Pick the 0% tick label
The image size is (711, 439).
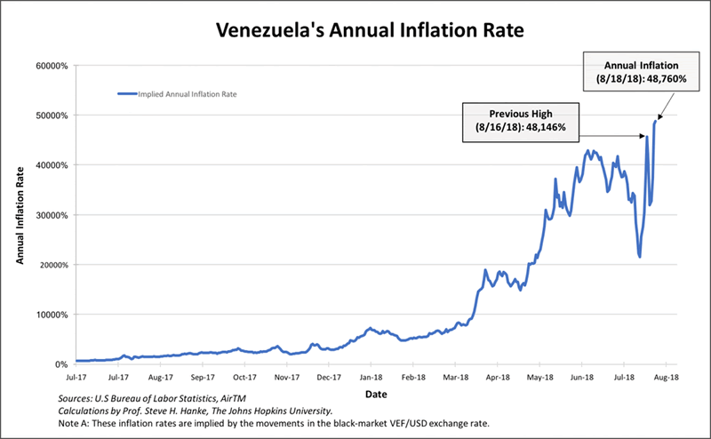61,364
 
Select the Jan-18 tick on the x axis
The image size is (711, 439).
371,377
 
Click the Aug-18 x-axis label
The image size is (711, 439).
667,377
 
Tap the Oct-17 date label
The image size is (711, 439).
244,377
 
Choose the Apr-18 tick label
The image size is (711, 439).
499,377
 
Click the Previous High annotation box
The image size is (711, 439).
521,122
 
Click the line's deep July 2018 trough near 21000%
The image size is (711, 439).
640,257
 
